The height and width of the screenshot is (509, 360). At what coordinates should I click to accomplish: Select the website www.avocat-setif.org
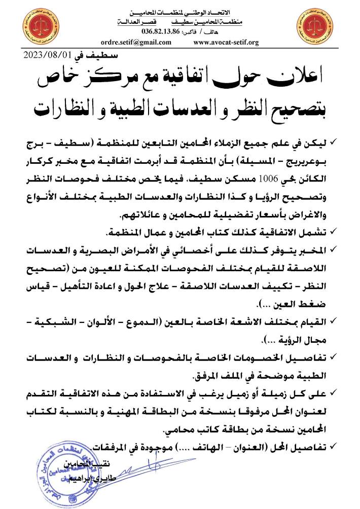(226, 43)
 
